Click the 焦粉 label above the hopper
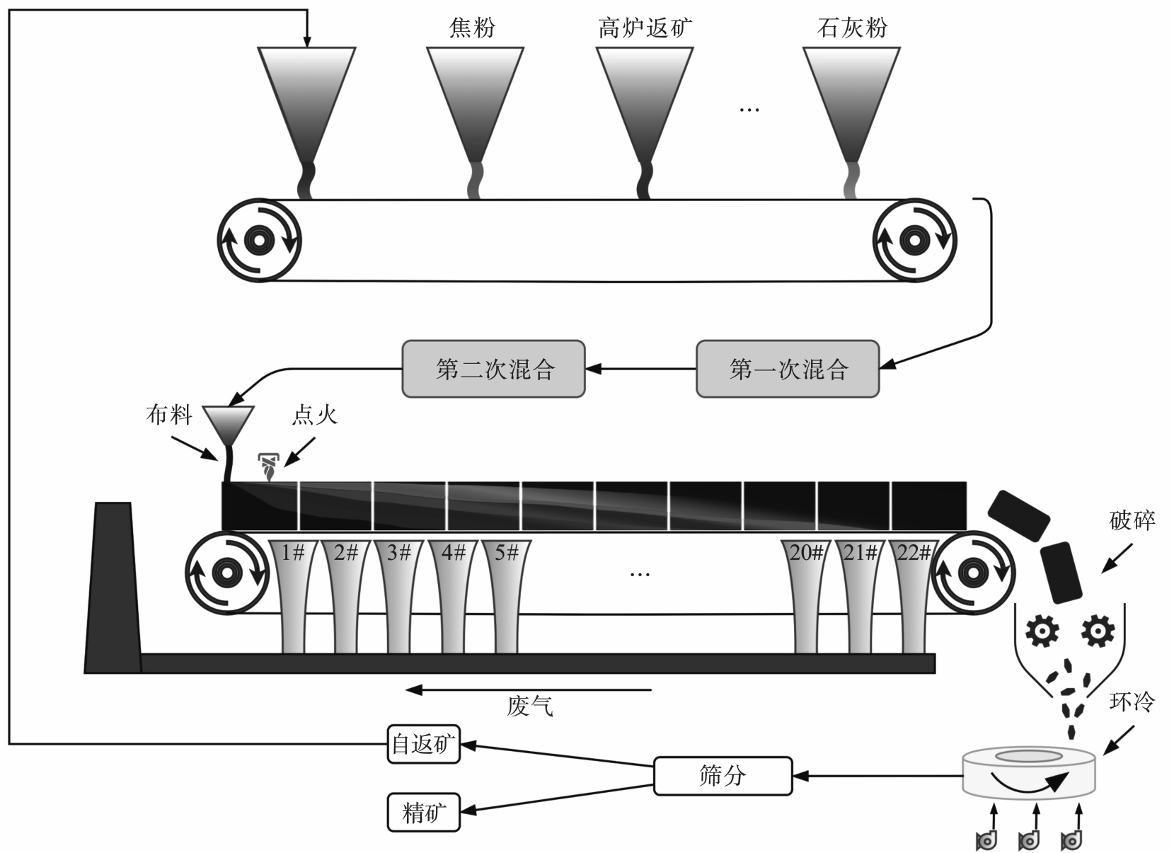click(x=472, y=28)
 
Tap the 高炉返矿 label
click(x=645, y=28)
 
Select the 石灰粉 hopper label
click(x=852, y=28)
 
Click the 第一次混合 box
click(x=788, y=369)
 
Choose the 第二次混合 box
click(x=493, y=369)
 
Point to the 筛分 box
click(x=723, y=776)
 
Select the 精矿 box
click(x=423, y=812)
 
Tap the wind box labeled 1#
click(x=294, y=597)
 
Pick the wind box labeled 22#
click(x=913, y=597)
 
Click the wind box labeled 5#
click(x=506, y=597)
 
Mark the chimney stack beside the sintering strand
click(x=113, y=588)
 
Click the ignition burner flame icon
click(x=269, y=467)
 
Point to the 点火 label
click(x=314, y=416)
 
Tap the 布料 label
click(x=168, y=416)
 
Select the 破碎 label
click(x=1132, y=520)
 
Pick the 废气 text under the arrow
click(x=530, y=706)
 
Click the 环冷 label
click(x=1132, y=702)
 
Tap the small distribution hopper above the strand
click(x=229, y=424)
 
